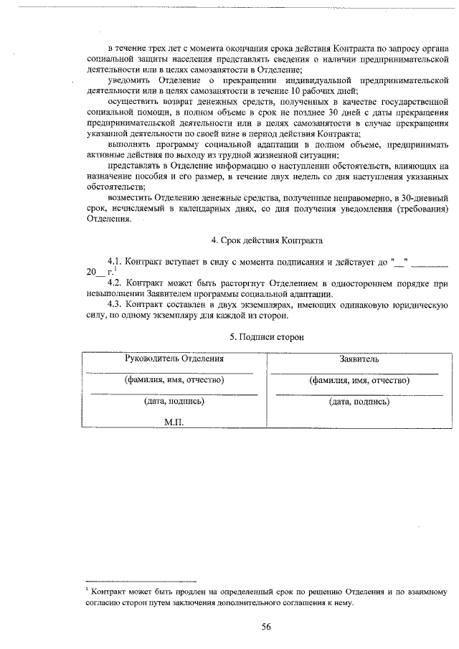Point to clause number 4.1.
point(115,262)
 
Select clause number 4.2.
point(115,284)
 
